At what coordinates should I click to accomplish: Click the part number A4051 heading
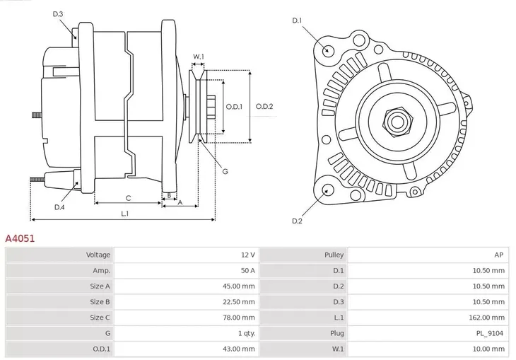tap(20, 239)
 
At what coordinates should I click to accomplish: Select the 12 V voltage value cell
tap(247, 255)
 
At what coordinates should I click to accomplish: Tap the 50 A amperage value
tap(247, 270)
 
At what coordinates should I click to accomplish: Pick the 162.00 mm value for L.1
tap(490, 318)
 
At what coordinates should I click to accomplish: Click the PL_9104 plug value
tap(490, 333)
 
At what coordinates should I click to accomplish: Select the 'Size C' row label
tap(100, 318)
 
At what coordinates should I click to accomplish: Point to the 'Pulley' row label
tap(334, 255)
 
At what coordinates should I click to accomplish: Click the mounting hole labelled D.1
tap(327, 51)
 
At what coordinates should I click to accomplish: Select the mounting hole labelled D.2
tap(327, 190)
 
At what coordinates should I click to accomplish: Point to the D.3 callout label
tap(58, 14)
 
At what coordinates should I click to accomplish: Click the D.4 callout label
tap(59, 207)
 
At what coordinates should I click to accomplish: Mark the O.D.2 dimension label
tap(264, 107)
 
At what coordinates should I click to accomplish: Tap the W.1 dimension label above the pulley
tap(199, 57)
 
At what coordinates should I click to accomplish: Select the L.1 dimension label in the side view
tap(124, 213)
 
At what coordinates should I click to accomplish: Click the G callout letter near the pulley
tap(225, 171)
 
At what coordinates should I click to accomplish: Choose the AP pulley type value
tap(498, 255)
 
